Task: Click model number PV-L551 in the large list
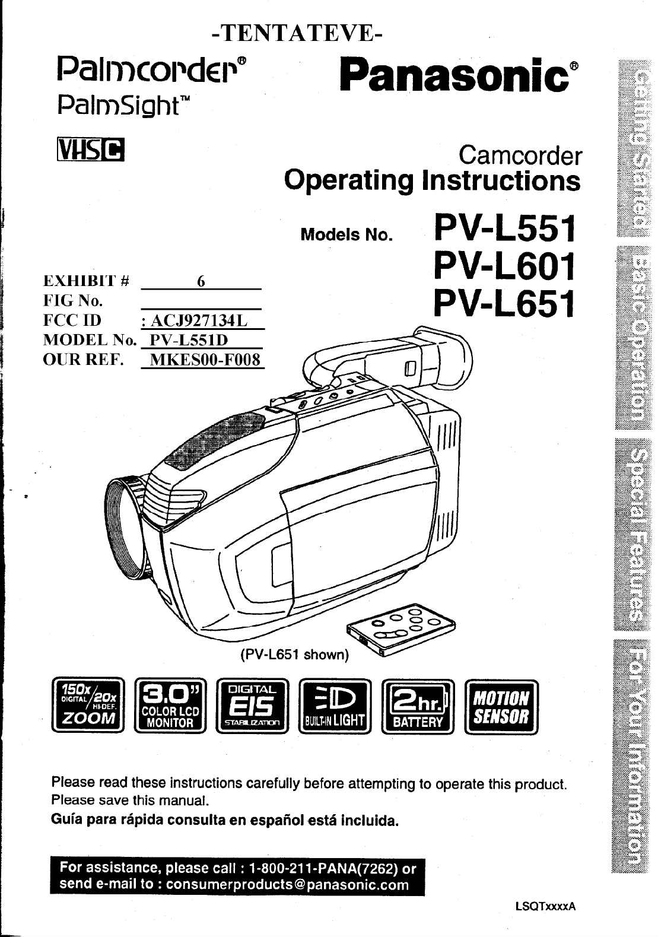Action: click(x=504, y=230)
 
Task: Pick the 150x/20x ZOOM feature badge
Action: click(x=88, y=706)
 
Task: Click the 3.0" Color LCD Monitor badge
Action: click(x=170, y=706)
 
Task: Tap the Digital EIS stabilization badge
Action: click(x=253, y=706)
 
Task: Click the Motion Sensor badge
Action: click(x=501, y=706)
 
